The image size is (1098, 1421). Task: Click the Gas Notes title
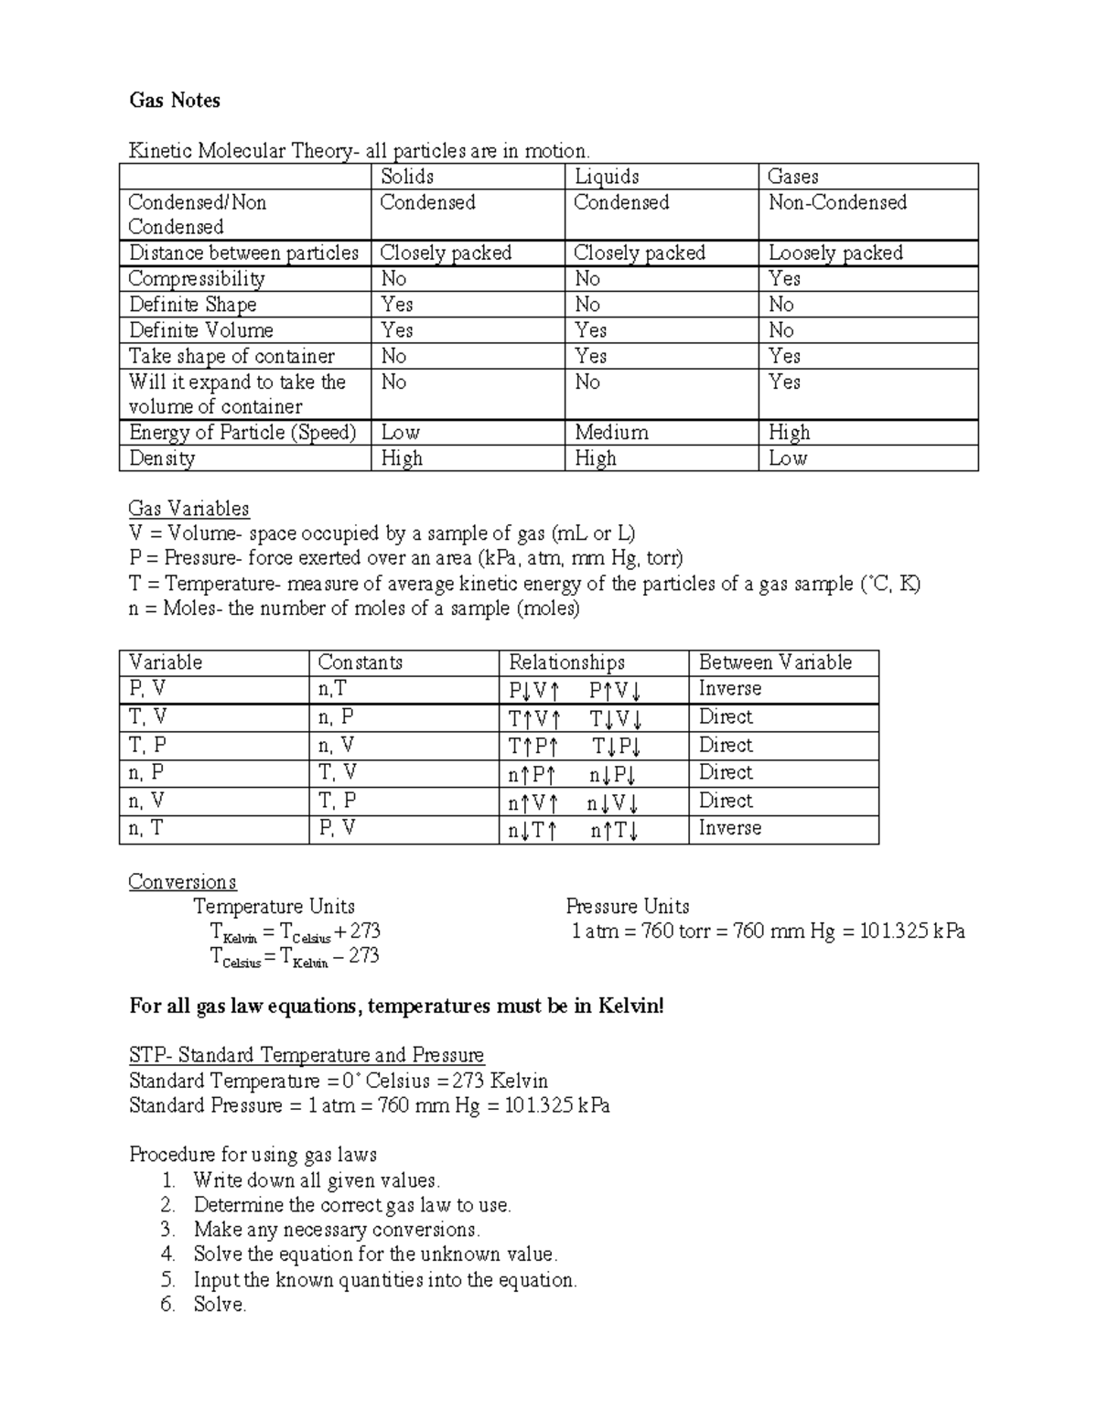pos(174,101)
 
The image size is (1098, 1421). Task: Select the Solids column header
pos(406,177)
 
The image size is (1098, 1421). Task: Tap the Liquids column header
pos(606,177)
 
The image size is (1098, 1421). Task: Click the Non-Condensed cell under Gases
pos(837,202)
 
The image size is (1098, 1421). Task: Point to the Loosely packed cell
pos(835,253)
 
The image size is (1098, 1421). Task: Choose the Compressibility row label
pos(197,279)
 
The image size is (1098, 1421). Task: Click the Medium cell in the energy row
pos(611,432)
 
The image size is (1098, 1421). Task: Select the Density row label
pos(162,458)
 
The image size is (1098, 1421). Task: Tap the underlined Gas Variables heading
pos(188,509)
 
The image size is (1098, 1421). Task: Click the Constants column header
pos(360,662)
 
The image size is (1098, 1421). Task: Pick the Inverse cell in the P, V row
pos(729,689)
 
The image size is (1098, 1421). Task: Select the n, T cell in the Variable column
pos(148,829)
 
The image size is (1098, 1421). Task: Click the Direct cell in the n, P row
pos(726,772)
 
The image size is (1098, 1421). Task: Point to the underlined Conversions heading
pos(182,882)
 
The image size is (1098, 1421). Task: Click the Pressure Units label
pos(627,907)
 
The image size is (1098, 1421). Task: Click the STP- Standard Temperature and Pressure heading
pos(306,1056)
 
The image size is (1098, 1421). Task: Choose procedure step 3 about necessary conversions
pos(336,1230)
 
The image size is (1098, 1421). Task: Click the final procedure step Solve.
pos(220,1305)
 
